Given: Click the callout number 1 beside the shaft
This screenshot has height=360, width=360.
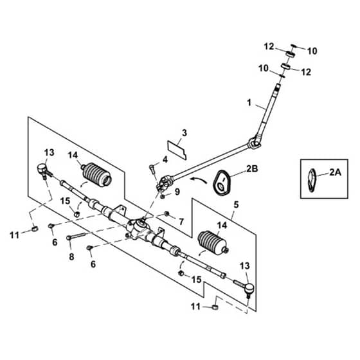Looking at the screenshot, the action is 249,103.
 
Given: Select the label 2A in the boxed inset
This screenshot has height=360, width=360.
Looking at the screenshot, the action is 336,172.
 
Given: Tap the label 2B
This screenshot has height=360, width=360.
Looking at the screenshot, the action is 252,168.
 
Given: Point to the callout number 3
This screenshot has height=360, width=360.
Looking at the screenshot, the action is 184,133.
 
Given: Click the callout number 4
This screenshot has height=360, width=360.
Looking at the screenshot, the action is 165,159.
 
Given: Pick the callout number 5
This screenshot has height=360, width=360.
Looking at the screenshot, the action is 237,204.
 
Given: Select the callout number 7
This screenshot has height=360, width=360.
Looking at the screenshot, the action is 181,222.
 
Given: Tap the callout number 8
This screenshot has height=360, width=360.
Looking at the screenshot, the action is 71,256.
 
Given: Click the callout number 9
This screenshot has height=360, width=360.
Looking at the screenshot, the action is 177,192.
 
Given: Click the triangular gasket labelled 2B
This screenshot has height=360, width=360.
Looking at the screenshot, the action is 222,183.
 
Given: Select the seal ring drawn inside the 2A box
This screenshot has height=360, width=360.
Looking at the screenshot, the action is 312,180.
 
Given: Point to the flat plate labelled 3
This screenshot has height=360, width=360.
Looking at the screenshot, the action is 177,150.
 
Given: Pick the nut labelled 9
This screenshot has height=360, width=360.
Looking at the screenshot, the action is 163,197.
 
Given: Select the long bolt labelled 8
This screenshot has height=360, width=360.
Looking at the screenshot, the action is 76,237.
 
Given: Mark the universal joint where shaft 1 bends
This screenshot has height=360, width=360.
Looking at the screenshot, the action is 255,143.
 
